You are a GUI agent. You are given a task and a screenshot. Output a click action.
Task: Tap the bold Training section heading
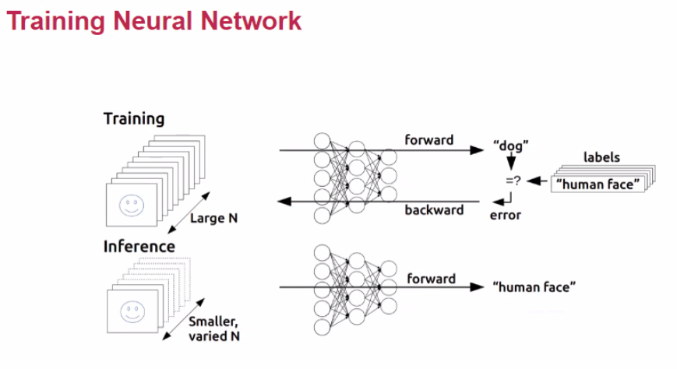click(x=134, y=119)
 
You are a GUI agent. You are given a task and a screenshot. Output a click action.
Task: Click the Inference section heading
click(x=139, y=247)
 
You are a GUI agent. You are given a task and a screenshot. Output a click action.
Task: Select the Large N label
click(x=213, y=219)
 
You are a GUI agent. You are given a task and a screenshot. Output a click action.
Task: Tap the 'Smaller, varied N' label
click(x=214, y=329)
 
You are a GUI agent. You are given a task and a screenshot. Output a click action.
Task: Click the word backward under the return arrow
click(x=434, y=210)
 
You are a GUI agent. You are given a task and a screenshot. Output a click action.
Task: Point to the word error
click(x=505, y=215)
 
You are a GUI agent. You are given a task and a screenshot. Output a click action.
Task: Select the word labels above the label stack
click(x=601, y=157)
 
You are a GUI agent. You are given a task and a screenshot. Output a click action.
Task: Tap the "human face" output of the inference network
click(x=534, y=287)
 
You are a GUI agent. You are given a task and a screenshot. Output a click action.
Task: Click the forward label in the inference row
click(x=431, y=279)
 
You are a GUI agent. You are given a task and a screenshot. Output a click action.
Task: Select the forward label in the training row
click(x=429, y=140)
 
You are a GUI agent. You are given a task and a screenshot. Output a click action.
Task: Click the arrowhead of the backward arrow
click(x=285, y=202)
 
